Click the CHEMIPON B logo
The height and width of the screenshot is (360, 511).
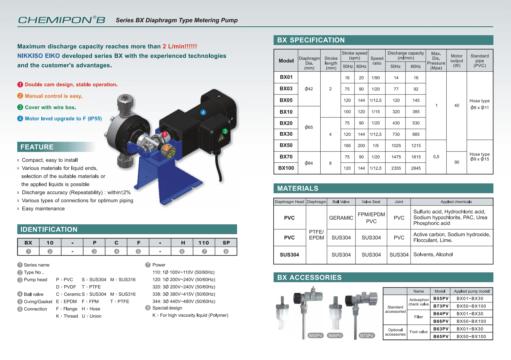point(62,20)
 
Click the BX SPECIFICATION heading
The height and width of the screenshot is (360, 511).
point(311,40)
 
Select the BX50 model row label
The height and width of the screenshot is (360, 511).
point(286,145)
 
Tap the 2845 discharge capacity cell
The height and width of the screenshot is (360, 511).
point(416,168)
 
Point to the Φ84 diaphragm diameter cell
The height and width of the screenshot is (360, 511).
point(309,163)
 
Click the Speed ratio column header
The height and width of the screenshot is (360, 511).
point(377,61)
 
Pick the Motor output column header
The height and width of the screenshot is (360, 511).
point(457,61)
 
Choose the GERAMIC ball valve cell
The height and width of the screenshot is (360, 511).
point(341,218)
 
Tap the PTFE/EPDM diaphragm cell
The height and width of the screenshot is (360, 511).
point(316,235)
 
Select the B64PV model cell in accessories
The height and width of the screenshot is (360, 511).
point(441,314)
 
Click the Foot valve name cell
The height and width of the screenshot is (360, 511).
point(418,332)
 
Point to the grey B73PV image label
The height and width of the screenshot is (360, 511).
point(367,336)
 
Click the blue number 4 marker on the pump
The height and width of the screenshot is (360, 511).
point(203,112)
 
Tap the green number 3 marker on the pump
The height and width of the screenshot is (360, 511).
point(225,131)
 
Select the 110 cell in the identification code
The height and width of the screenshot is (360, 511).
point(204,243)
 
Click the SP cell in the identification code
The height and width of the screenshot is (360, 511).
point(226,243)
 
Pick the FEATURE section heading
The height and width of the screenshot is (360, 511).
point(37,147)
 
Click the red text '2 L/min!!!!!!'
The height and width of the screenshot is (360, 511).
point(180,46)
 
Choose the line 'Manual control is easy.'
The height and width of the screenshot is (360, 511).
point(53,96)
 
